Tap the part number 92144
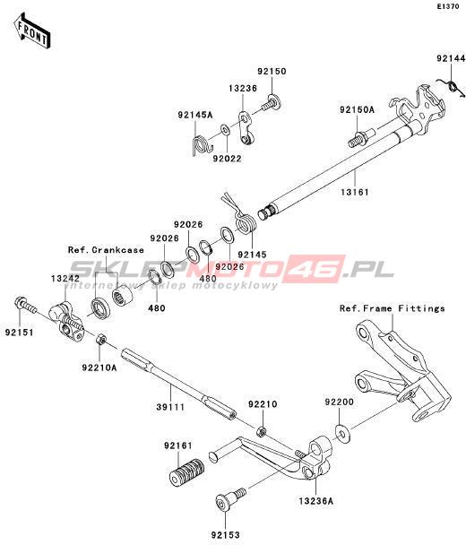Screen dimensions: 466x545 click(451, 59)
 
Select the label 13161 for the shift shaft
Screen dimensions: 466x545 click(355, 192)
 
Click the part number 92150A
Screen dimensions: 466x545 click(357, 110)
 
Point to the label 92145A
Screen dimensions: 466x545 click(195, 115)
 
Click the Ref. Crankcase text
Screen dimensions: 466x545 click(106, 250)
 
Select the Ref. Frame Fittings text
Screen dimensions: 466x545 click(392, 308)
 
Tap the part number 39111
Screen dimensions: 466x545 click(170, 407)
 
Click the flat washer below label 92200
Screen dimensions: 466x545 click(343, 432)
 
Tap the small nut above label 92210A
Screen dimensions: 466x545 click(100, 338)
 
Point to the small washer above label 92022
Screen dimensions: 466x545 click(226, 131)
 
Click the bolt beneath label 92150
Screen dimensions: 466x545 click(272, 102)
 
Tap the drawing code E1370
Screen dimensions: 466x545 click(448, 6)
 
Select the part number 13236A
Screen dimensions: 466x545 click(315, 501)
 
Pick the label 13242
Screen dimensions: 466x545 click(65, 279)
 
